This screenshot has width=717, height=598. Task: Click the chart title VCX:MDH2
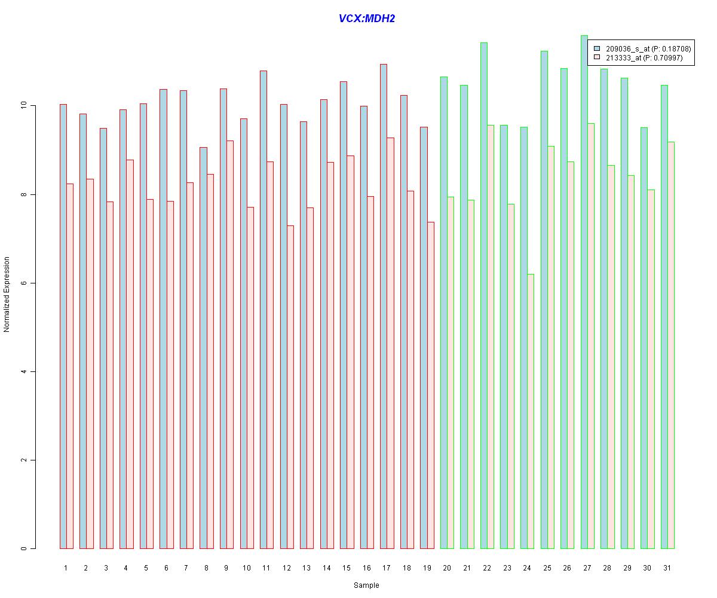point(367,19)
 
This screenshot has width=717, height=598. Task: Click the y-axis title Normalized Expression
point(7,294)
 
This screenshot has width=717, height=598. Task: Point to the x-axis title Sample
point(366,585)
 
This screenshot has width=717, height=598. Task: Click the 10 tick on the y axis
point(24,106)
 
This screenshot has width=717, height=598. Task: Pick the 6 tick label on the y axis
point(24,283)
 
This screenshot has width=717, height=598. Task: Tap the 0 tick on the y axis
point(24,548)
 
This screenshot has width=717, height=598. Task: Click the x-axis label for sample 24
point(527,568)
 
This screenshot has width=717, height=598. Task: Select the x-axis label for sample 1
point(66,568)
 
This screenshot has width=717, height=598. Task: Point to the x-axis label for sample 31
point(667,568)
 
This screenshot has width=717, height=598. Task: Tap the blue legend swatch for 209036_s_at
point(597,48)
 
